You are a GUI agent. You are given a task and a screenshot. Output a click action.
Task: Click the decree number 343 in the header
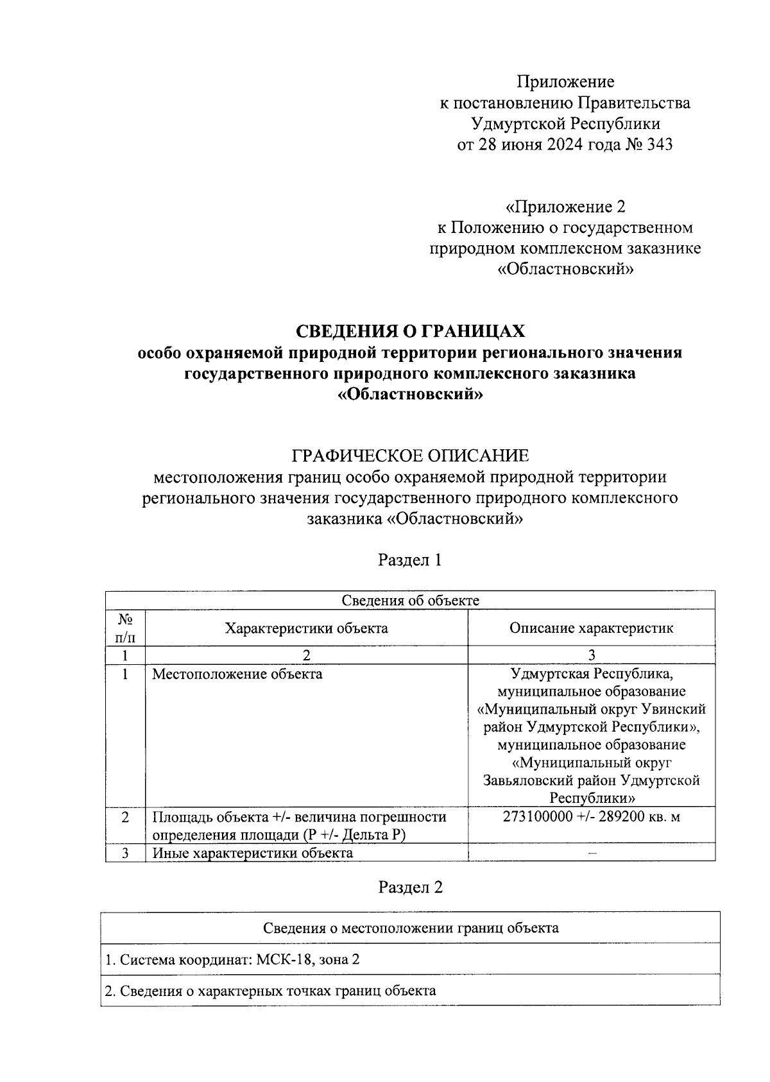pyautogui.click(x=660, y=144)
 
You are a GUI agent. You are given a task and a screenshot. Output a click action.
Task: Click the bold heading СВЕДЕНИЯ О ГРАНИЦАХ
pyautogui.click(x=410, y=331)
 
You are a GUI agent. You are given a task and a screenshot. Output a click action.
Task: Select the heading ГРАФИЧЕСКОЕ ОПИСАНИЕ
pyautogui.click(x=410, y=456)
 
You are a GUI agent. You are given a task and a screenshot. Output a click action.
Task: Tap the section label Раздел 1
pyautogui.click(x=410, y=560)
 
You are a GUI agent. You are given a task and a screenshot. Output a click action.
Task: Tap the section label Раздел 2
pyautogui.click(x=410, y=888)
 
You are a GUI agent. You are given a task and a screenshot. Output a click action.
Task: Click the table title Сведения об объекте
pyautogui.click(x=410, y=601)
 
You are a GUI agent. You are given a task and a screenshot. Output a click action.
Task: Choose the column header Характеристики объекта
pyautogui.click(x=306, y=628)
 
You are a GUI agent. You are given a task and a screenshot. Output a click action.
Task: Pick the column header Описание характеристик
pyautogui.click(x=591, y=628)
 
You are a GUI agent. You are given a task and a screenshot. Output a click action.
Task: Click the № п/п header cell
pyautogui.click(x=125, y=628)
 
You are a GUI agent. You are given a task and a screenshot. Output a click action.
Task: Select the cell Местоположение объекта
pyautogui.click(x=237, y=674)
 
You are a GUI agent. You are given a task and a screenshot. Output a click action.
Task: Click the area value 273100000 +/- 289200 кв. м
pyautogui.click(x=591, y=817)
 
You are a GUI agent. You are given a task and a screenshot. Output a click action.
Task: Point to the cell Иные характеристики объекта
pyautogui.click(x=252, y=853)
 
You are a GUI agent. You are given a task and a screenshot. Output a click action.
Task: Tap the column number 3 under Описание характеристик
pyautogui.click(x=592, y=655)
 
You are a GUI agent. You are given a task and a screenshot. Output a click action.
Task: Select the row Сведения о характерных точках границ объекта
pyautogui.click(x=270, y=990)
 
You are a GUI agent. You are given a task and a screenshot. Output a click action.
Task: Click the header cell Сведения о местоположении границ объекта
pyautogui.click(x=410, y=928)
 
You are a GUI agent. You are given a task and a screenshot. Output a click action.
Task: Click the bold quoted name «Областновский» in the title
pyautogui.click(x=410, y=395)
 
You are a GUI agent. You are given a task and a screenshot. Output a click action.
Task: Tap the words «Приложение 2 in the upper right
pyautogui.click(x=565, y=207)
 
